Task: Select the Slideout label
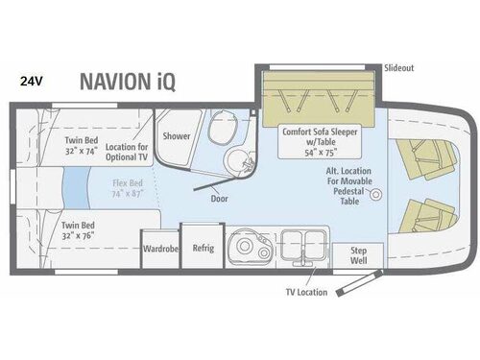pyautogui.click(x=398, y=69)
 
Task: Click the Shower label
pyautogui.click(x=176, y=136)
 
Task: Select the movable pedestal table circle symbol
pyautogui.click(x=376, y=195)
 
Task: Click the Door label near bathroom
pyautogui.click(x=219, y=199)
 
